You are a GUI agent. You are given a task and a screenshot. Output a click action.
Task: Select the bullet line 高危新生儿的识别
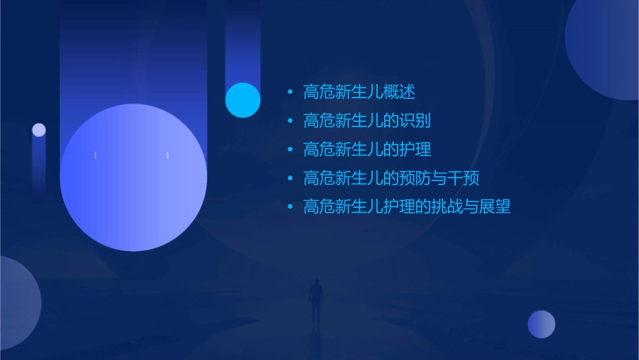pyautogui.click(x=367, y=120)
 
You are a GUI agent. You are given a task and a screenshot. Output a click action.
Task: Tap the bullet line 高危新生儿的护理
pyautogui.click(x=367, y=149)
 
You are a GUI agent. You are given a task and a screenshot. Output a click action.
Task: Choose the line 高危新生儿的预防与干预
pyautogui.click(x=391, y=178)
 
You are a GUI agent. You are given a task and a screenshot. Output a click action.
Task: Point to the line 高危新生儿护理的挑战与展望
pyautogui.click(x=407, y=207)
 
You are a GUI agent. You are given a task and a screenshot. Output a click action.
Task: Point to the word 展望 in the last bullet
pyautogui.click(x=496, y=207)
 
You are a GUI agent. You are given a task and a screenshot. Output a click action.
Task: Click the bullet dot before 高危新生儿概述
pyautogui.click(x=290, y=92)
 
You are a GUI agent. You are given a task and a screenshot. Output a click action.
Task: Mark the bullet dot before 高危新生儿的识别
pyautogui.click(x=290, y=121)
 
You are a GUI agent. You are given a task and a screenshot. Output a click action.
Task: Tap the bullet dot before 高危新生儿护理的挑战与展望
pyautogui.click(x=290, y=207)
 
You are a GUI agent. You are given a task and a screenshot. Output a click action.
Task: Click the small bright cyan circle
pyautogui.click(x=243, y=100)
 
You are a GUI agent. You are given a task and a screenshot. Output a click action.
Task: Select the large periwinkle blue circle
pyautogui.click(x=133, y=178)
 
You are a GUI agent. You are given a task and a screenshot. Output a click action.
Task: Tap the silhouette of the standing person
pyautogui.click(x=315, y=303)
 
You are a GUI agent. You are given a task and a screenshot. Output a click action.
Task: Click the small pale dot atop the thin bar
pyautogui.click(x=39, y=130)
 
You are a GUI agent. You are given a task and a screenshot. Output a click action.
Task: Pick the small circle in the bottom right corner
pyautogui.click(x=541, y=324)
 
